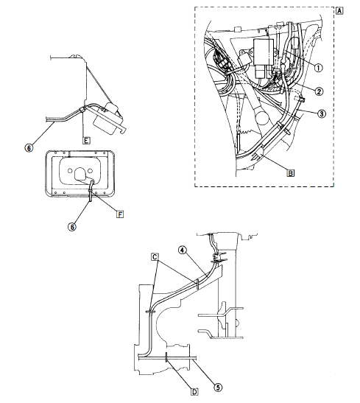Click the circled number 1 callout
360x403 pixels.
[x=318, y=68]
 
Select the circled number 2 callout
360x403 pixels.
[x=318, y=91]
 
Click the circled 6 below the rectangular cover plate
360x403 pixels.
[x=72, y=227]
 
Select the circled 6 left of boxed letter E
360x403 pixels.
[x=28, y=147]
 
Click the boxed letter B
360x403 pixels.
[x=291, y=173]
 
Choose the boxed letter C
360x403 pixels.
[x=155, y=256]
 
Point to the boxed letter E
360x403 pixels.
[x=87, y=138]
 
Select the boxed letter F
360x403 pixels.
[x=120, y=214]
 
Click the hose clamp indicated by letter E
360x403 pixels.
[x=82, y=109]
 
